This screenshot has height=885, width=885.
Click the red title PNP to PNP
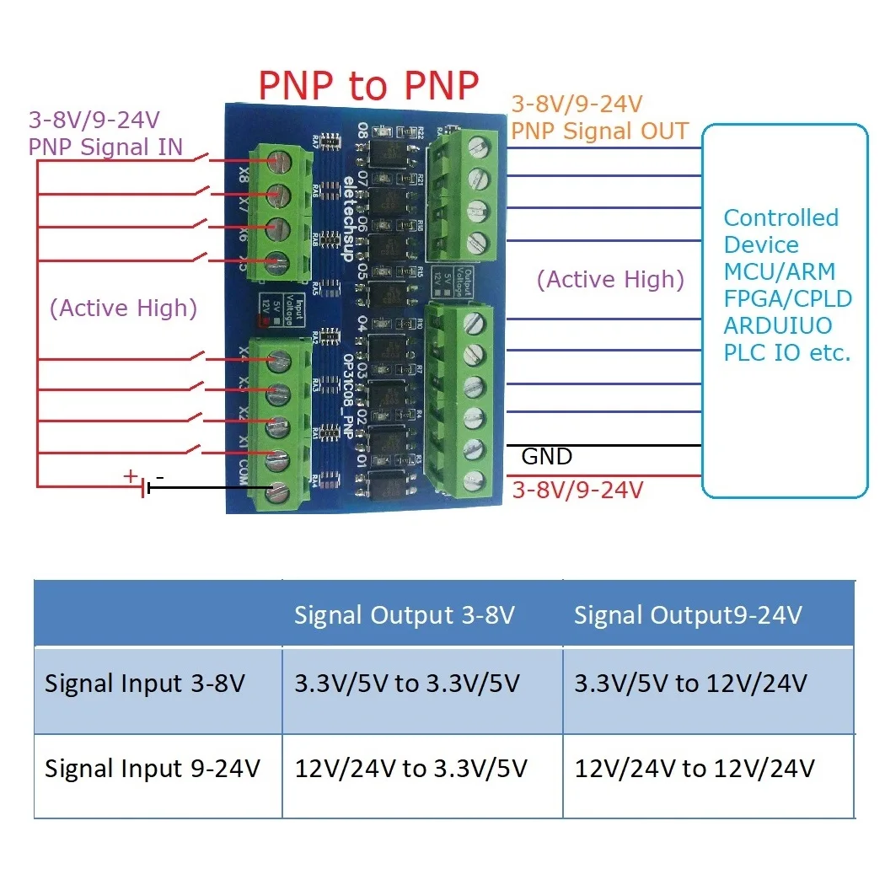pyautogui.click(x=368, y=85)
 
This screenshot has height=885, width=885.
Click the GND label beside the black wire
pyautogui.click(x=547, y=457)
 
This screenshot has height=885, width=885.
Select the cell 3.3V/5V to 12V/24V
pyautogui.click(x=691, y=683)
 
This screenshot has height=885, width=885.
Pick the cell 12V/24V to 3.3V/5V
pyautogui.click(x=411, y=768)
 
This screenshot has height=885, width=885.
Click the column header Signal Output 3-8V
pyautogui.click(x=404, y=615)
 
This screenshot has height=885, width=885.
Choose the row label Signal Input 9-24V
pyautogui.click(x=152, y=768)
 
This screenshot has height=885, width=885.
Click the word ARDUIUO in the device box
pyautogui.click(x=777, y=325)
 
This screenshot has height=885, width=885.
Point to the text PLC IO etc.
pyautogui.click(x=786, y=352)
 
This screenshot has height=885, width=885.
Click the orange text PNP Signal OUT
pyautogui.click(x=600, y=131)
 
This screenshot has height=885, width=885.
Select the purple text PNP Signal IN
pyautogui.click(x=105, y=146)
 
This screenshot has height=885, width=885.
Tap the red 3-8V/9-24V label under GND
pyautogui.click(x=578, y=489)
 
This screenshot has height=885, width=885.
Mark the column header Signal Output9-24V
pyautogui.click(x=687, y=615)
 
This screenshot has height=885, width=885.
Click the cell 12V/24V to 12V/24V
pyautogui.click(x=695, y=768)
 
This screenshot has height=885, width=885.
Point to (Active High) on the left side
pyautogui.click(x=123, y=308)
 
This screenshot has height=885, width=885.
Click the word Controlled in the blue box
pyautogui.click(x=780, y=217)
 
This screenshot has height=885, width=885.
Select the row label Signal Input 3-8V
pyautogui.click(x=145, y=683)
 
